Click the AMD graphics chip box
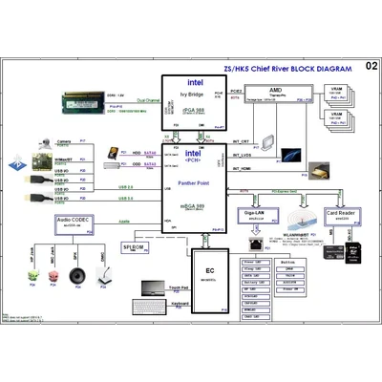coord(275,94)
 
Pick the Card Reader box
coord(344,215)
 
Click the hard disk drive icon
coord(116,152)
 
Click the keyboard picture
coord(151,312)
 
